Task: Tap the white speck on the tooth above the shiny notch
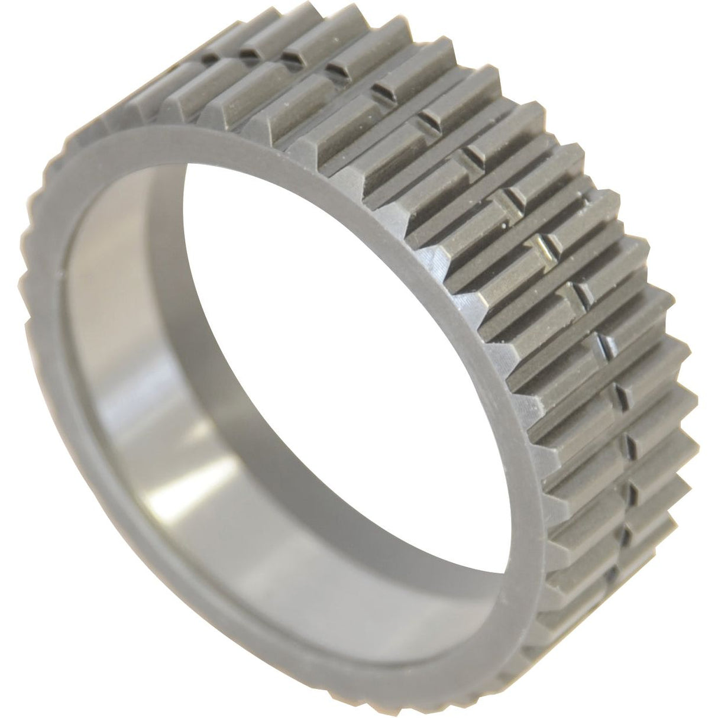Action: click(503, 224)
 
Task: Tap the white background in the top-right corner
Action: click(680, 35)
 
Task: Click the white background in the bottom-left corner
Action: click(35, 680)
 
